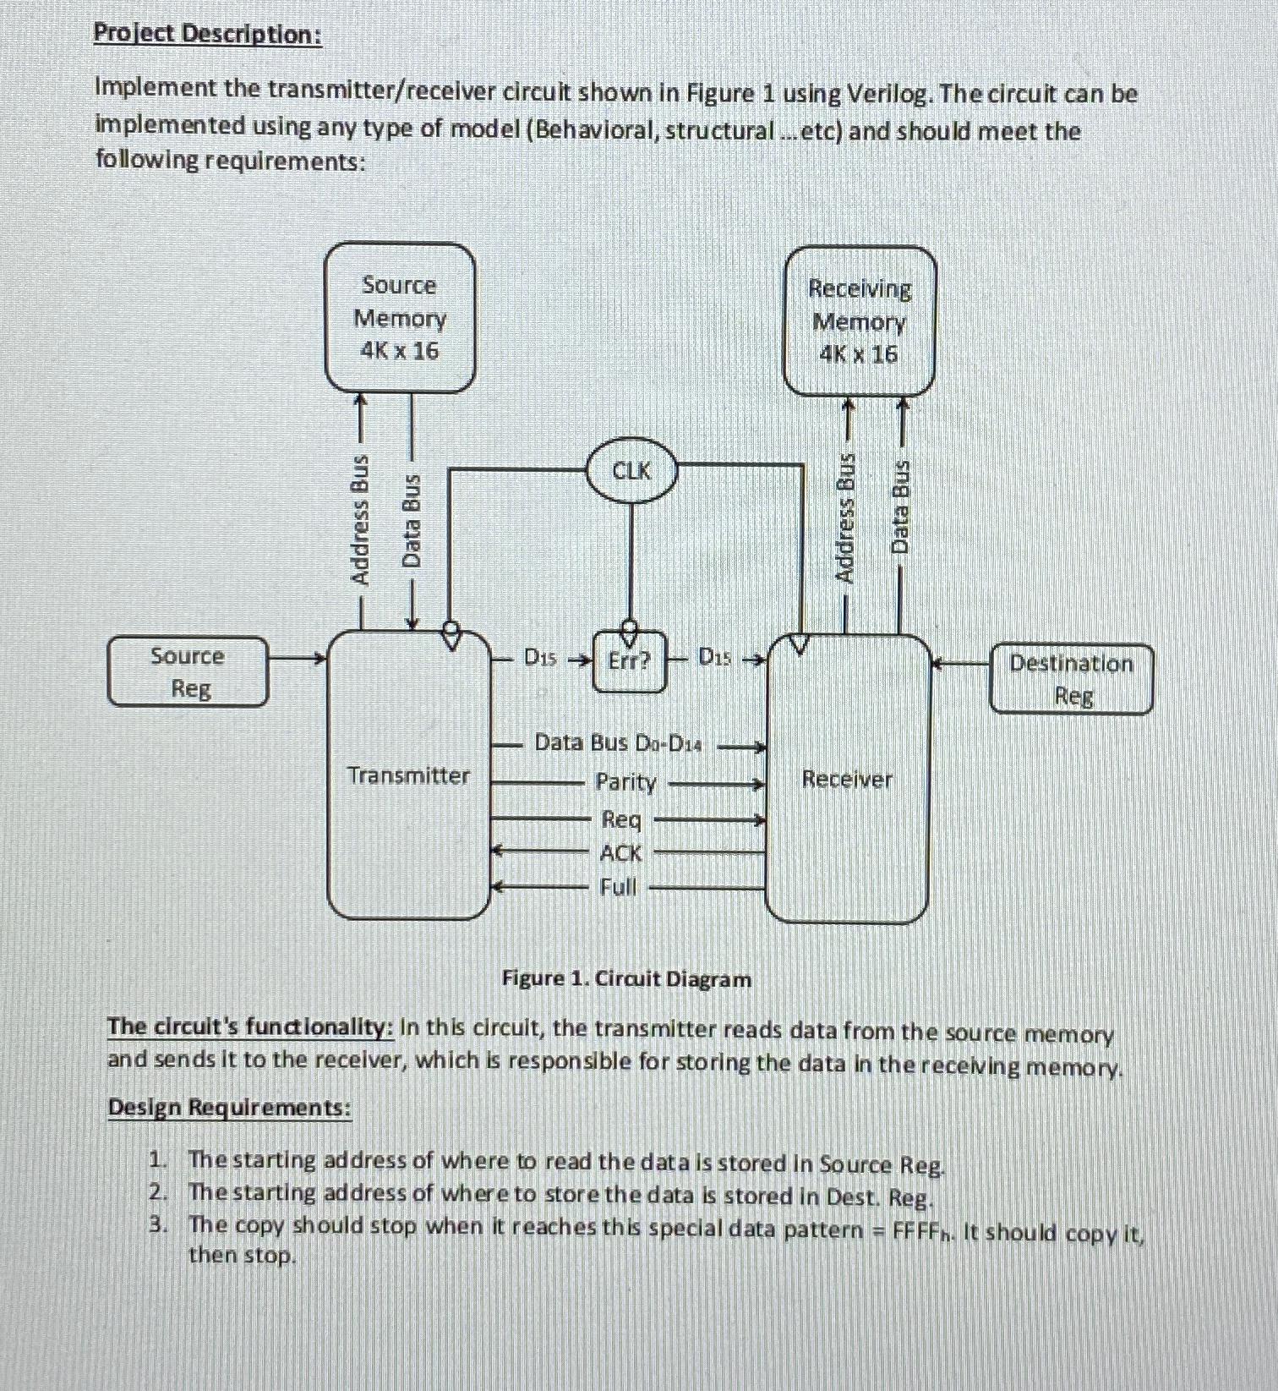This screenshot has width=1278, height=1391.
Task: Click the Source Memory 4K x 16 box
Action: [x=400, y=318]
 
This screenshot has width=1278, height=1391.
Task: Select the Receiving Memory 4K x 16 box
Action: [x=860, y=321]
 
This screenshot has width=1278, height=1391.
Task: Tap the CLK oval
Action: [x=631, y=470]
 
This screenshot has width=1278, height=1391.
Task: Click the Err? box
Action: [x=630, y=660]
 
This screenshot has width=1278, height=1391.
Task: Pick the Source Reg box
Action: [x=188, y=671]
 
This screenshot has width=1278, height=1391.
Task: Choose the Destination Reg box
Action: [x=1071, y=679]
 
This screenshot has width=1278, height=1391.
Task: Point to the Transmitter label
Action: [x=408, y=775]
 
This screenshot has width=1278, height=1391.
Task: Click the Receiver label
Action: [x=847, y=779]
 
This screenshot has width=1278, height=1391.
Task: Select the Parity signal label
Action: [x=625, y=782]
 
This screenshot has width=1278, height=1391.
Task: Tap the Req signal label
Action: [x=621, y=819]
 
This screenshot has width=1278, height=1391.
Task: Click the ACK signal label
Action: [x=620, y=853]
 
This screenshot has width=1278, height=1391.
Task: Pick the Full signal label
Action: [x=618, y=887]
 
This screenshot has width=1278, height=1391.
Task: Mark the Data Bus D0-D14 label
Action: [x=618, y=743]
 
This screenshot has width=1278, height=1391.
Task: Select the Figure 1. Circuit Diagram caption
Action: [x=626, y=979]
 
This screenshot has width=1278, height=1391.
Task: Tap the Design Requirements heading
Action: [x=228, y=1107]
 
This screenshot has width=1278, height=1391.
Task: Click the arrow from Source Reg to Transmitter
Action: [x=298, y=657]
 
